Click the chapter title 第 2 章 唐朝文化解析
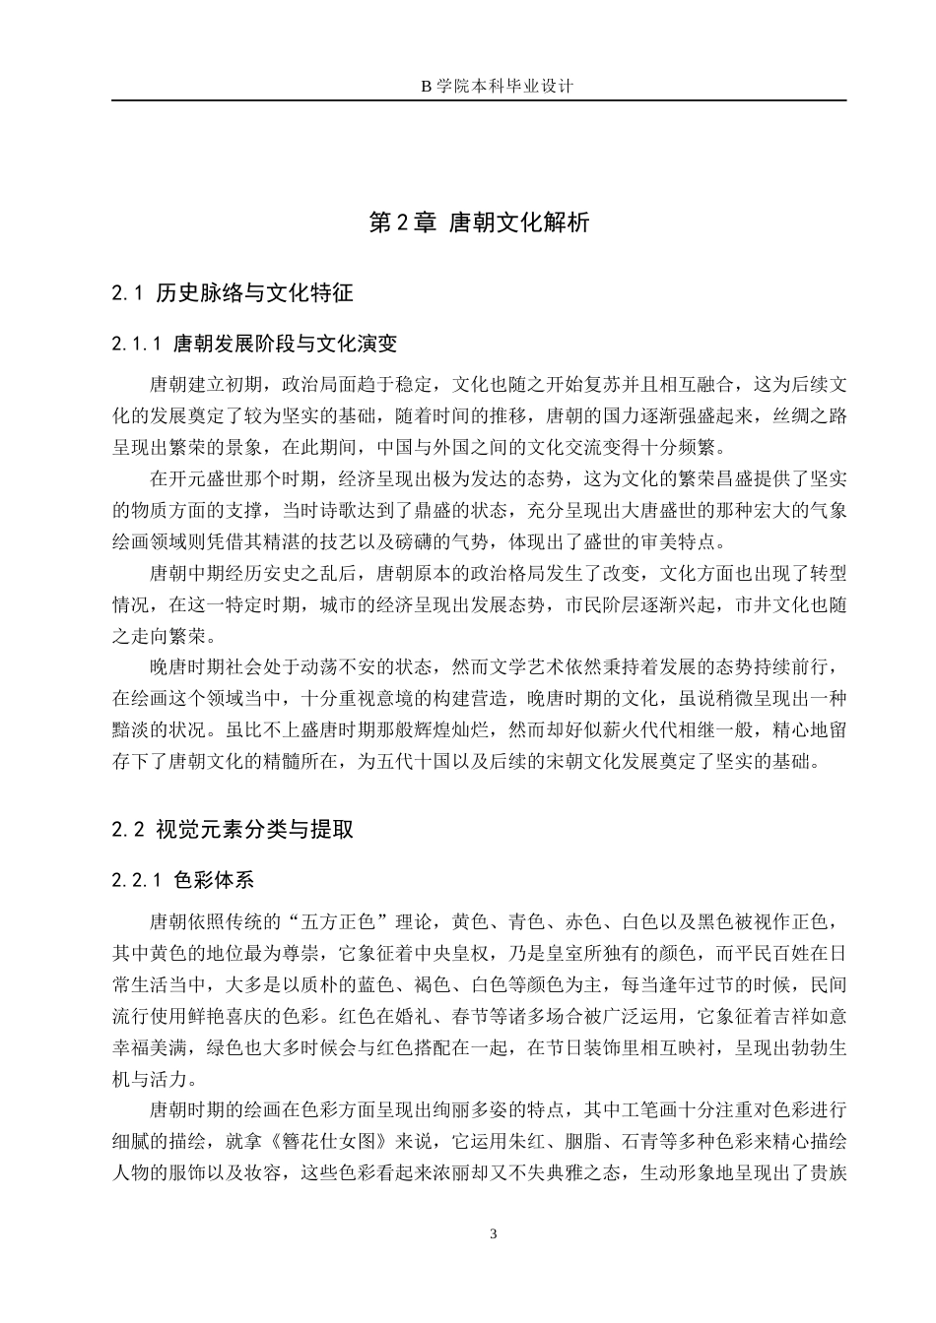click(479, 222)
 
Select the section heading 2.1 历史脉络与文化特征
click(233, 292)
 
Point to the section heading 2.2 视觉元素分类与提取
click(233, 829)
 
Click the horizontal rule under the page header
click(479, 100)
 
